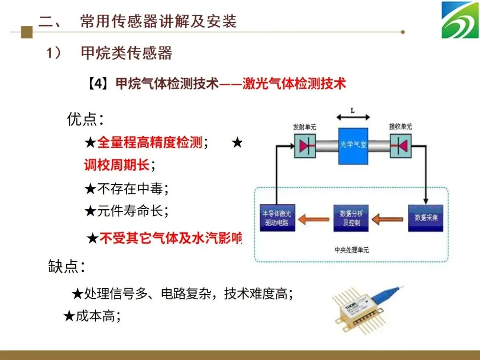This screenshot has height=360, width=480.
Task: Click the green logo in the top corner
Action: [460, 20]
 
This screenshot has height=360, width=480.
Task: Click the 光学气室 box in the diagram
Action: [353, 145]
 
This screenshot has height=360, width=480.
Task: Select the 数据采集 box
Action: [426, 218]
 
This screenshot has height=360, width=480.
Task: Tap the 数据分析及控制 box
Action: [351, 218]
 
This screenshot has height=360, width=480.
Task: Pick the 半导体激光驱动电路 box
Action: [278, 218]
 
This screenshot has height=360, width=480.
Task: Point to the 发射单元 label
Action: [304, 127]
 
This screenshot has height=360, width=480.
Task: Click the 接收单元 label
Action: [400, 127]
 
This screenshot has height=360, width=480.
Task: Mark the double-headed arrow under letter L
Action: [353, 117]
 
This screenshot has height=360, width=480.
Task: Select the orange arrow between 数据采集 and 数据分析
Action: [388, 218]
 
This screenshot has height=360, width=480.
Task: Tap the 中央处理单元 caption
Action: [352, 250]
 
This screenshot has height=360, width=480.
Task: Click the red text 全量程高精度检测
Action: [150, 143]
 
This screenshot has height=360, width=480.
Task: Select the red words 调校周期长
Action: [117, 165]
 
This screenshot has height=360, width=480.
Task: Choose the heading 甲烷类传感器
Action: [126, 53]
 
